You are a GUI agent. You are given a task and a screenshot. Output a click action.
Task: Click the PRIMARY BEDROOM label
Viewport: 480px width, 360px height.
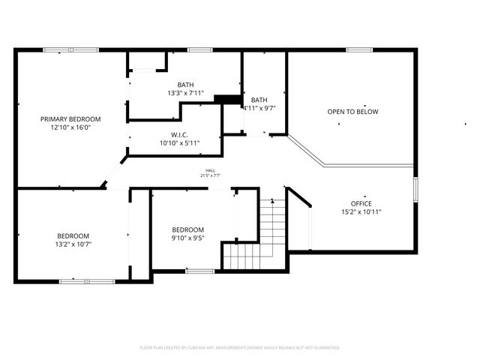click(70, 118)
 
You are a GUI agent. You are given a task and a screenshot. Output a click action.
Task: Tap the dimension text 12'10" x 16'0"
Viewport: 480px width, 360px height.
click(70, 127)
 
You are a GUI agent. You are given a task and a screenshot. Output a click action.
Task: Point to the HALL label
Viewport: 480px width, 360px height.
click(210, 170)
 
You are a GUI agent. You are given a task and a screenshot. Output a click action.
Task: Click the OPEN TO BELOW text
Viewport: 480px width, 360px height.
click(352, 112)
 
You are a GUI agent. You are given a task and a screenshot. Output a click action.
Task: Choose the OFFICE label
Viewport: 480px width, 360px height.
click(361, 203)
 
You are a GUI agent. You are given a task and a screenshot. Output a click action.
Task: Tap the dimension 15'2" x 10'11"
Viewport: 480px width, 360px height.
click(361, 211)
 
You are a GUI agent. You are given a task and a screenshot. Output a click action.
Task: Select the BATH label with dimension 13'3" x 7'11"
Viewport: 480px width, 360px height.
click(185, 84)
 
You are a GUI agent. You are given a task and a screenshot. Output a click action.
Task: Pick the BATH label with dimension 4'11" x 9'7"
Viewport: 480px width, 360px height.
click(259, 100)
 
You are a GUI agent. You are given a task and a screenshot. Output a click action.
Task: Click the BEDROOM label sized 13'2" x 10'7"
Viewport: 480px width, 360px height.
click(73, 235)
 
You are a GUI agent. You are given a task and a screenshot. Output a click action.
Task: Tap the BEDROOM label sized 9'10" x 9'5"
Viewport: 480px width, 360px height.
click(187, 229)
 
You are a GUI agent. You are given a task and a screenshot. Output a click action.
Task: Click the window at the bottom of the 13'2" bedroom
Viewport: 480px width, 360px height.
click(87, 281)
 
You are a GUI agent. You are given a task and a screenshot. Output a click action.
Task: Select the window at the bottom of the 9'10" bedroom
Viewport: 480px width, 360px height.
click(199, 271)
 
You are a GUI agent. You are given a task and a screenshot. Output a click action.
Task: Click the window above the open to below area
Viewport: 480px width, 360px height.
click(359, 50)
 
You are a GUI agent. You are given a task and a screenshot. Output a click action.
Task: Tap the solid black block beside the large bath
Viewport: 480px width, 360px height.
click(226, 99)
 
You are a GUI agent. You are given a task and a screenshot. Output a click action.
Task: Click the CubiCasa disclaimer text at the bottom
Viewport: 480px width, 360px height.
click(240, 347)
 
